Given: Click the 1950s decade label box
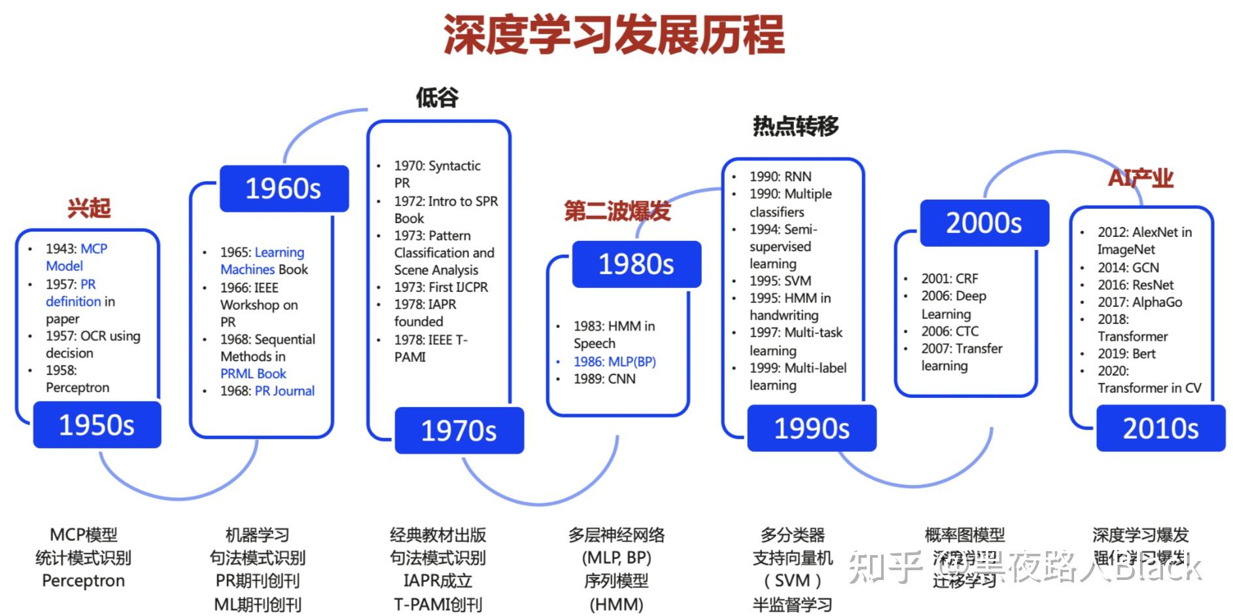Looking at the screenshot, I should pos(97,425).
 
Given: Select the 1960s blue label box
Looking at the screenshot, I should pos(283,189).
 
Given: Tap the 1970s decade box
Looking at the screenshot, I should pos(459,430).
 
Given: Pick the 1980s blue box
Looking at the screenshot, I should pos(636,264).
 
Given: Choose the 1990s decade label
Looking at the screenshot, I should pos(811,428).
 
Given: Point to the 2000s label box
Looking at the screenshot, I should pos(984,223).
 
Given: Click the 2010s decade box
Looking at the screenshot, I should pos(1160,428).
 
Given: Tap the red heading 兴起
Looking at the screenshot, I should pos(89,208).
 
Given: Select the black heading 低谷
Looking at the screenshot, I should pos(437,98).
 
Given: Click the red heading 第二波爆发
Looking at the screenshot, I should pos(617,211).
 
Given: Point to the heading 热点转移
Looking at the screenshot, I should pos(795,126).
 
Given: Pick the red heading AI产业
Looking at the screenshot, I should pos(1141,177).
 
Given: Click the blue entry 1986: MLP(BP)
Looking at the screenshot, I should pos(614,361).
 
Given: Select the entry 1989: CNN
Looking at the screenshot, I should pos(604,378).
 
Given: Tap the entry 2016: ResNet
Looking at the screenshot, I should pos(1135,285).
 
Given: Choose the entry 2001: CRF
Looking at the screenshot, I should pos(950,278).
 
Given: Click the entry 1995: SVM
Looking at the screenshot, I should pos(780,281).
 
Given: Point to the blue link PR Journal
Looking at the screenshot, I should pos(285,391).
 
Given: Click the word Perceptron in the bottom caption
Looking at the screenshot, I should pos(83,581).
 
